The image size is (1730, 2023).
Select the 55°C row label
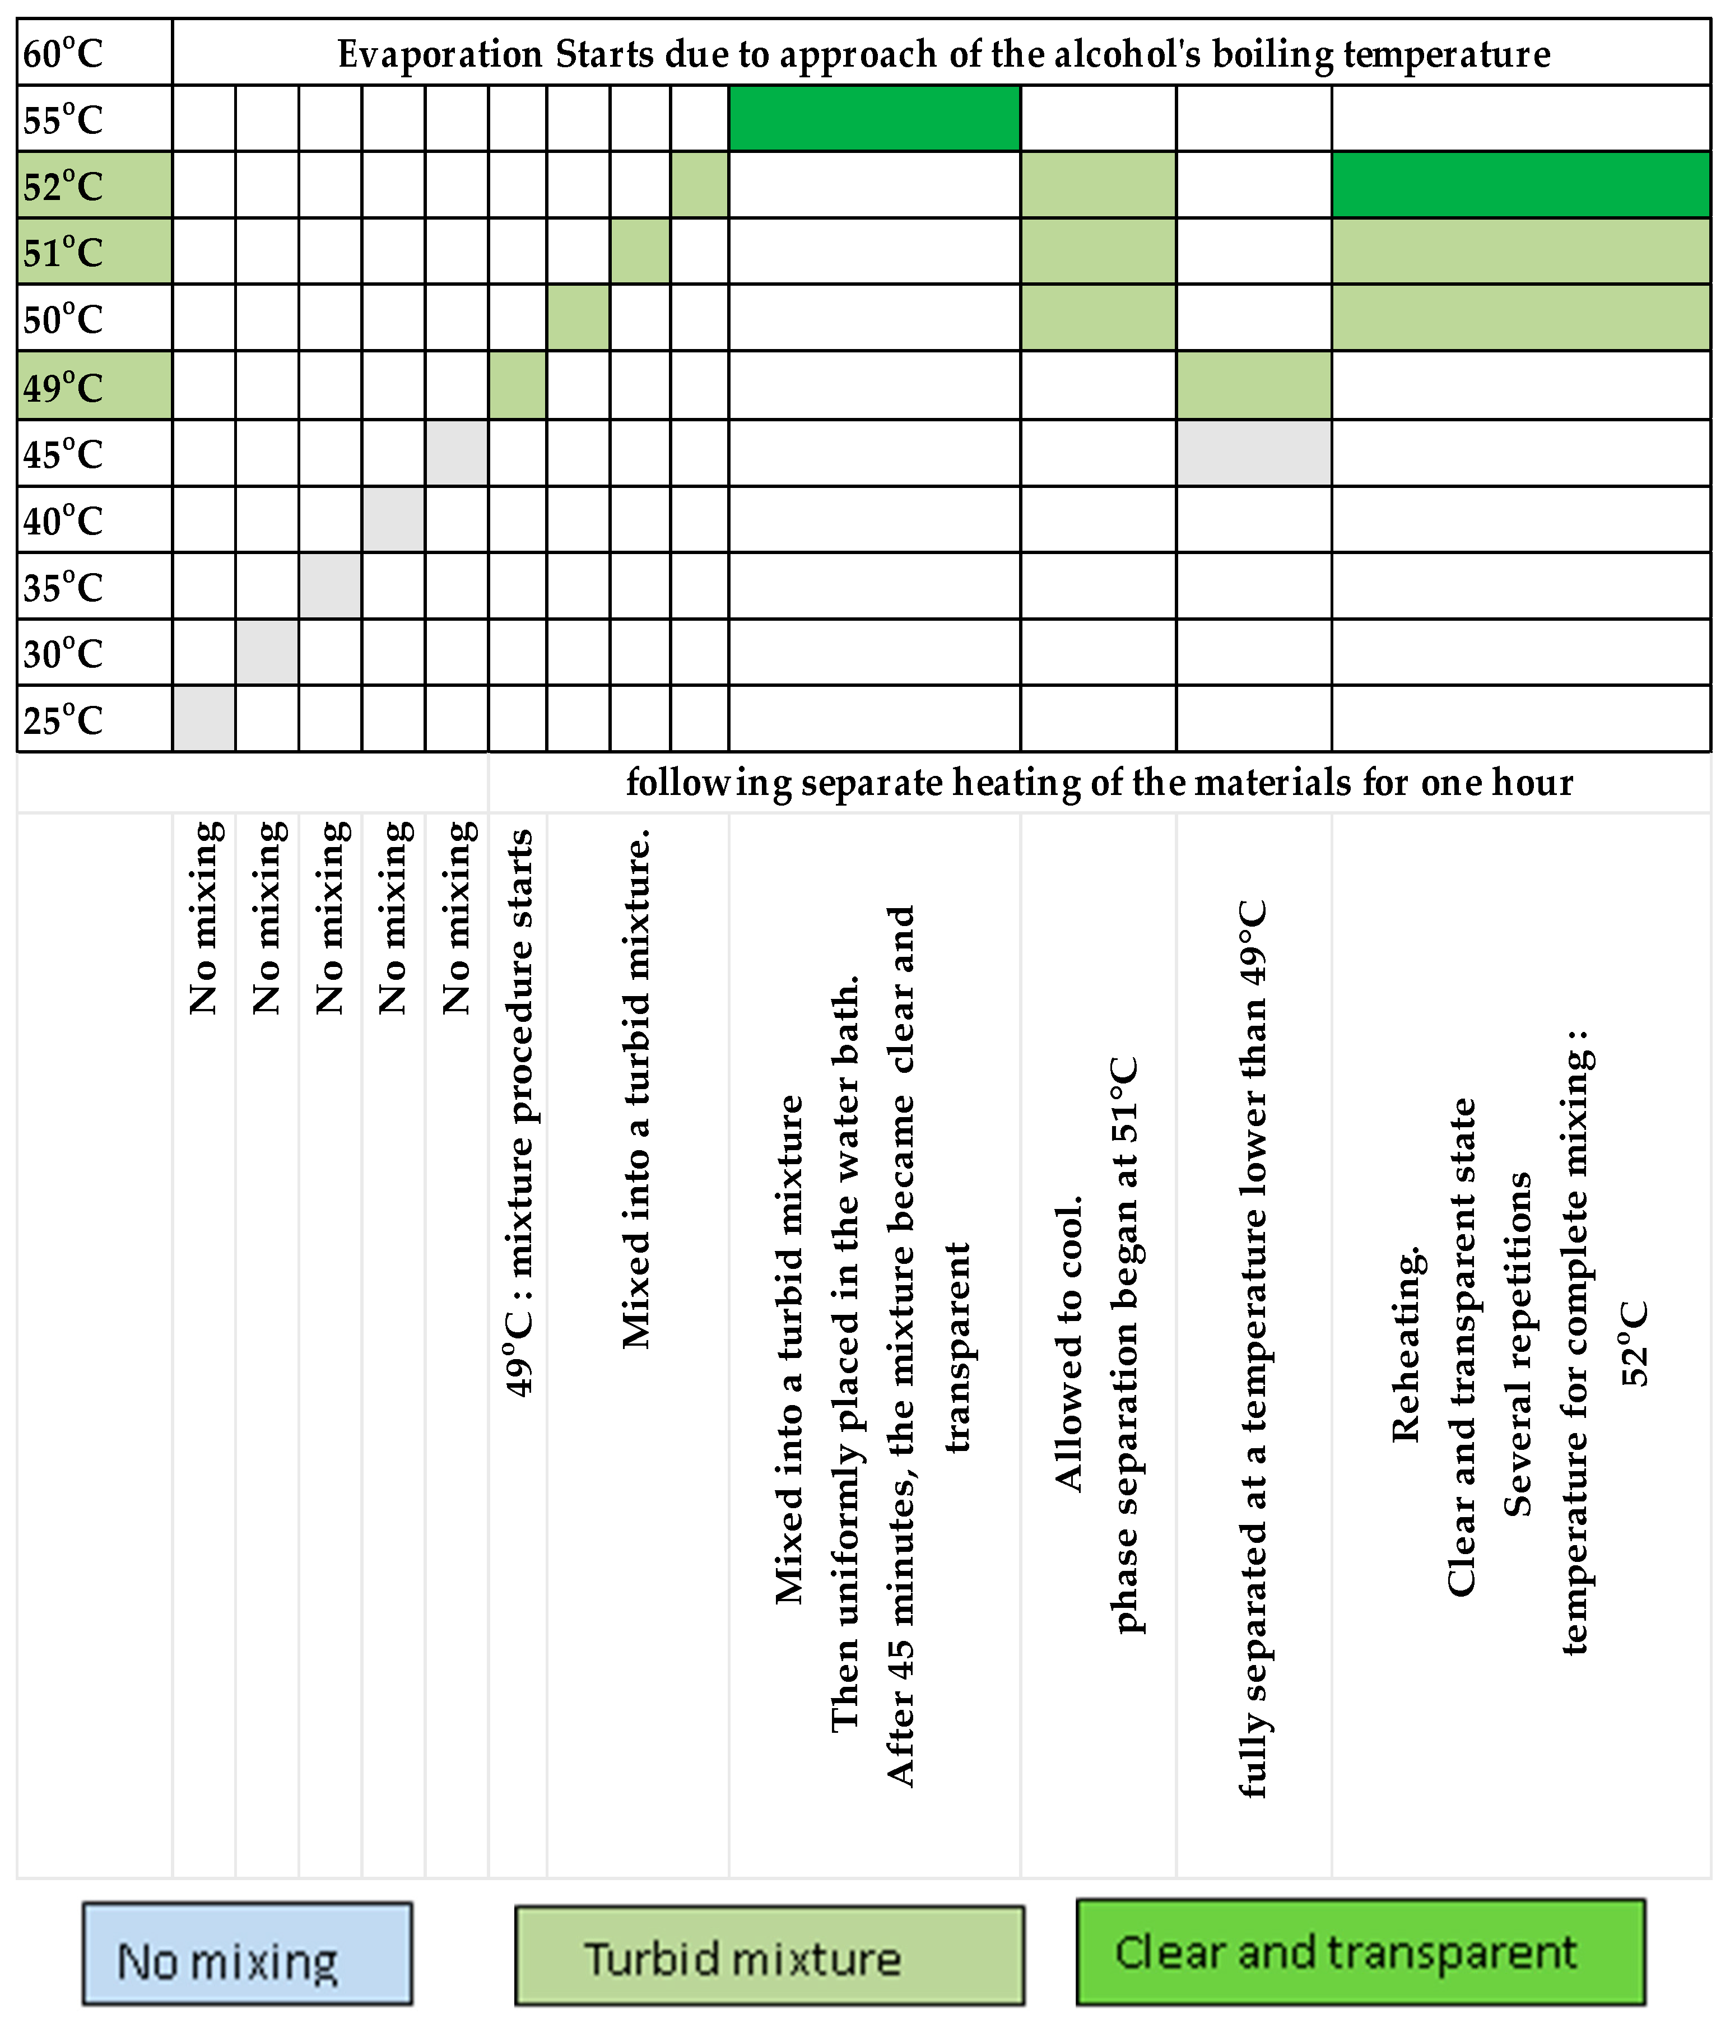point(63,119)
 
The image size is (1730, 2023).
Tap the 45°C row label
point(63,454)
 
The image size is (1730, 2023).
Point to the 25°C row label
point(63,720)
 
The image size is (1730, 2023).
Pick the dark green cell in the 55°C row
point(874,118)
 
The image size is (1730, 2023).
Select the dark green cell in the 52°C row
point(1520,184)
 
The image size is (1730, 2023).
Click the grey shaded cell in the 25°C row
point(204,719)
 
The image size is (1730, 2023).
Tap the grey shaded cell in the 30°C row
point(267,652)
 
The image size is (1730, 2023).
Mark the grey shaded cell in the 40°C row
point(393,519)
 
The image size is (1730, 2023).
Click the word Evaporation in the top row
point(439,54)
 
